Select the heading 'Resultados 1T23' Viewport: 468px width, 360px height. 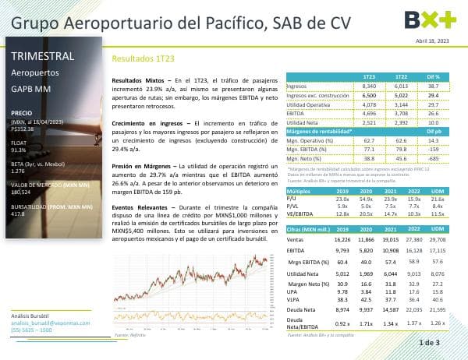pos(138,58)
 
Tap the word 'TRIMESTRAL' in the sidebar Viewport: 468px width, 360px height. pos(43,56)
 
